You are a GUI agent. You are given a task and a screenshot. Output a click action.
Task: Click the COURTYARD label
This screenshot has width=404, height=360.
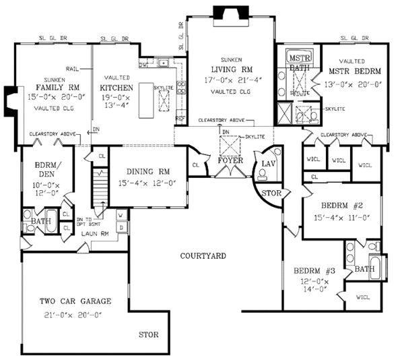pyautogui.click(x=203, y=256)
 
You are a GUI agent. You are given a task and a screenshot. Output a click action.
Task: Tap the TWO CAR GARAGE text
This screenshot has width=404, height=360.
pyautogui.click(x=75, y=301)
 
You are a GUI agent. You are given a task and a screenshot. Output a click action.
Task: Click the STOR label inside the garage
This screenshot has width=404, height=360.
pyautogui.click(x=149, y=334)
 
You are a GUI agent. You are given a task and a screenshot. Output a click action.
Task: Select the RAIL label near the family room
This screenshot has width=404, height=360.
pyautogui.click(x=73, y=69)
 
